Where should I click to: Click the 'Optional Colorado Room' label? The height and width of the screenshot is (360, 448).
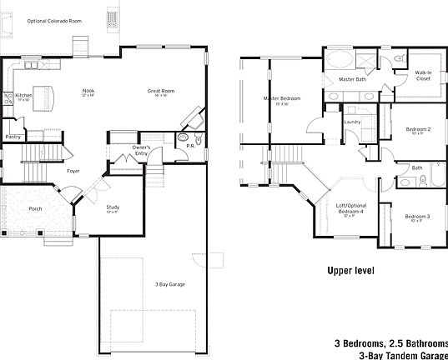[x=54, y=21]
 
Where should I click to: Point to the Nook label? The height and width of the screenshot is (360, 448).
[x=88, y=92]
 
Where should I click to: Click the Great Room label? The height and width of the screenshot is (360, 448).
[x=160, y=92]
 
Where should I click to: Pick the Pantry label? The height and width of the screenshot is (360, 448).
[x=13, y=136]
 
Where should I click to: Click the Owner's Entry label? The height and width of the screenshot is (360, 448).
[x=141, y=151]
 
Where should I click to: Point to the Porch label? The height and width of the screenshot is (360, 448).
[x=35, y=208]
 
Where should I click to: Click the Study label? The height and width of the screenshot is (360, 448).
[x=113, y=208]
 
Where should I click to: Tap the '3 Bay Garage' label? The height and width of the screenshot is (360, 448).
[x=169, y=285]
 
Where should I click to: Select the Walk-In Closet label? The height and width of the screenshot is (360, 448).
[x=423, y=76]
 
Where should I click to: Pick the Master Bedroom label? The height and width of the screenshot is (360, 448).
[x=282, y=99]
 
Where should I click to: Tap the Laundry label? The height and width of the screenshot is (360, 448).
[x=351, y=122]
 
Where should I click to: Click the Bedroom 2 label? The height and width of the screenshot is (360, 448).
[x=418, y=130]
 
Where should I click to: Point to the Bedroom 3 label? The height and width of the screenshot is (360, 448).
[x=416, y=217]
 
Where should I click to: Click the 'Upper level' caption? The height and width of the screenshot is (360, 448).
[x=350, y=271]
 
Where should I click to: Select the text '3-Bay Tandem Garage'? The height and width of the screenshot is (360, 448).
[x=403, y=354]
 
